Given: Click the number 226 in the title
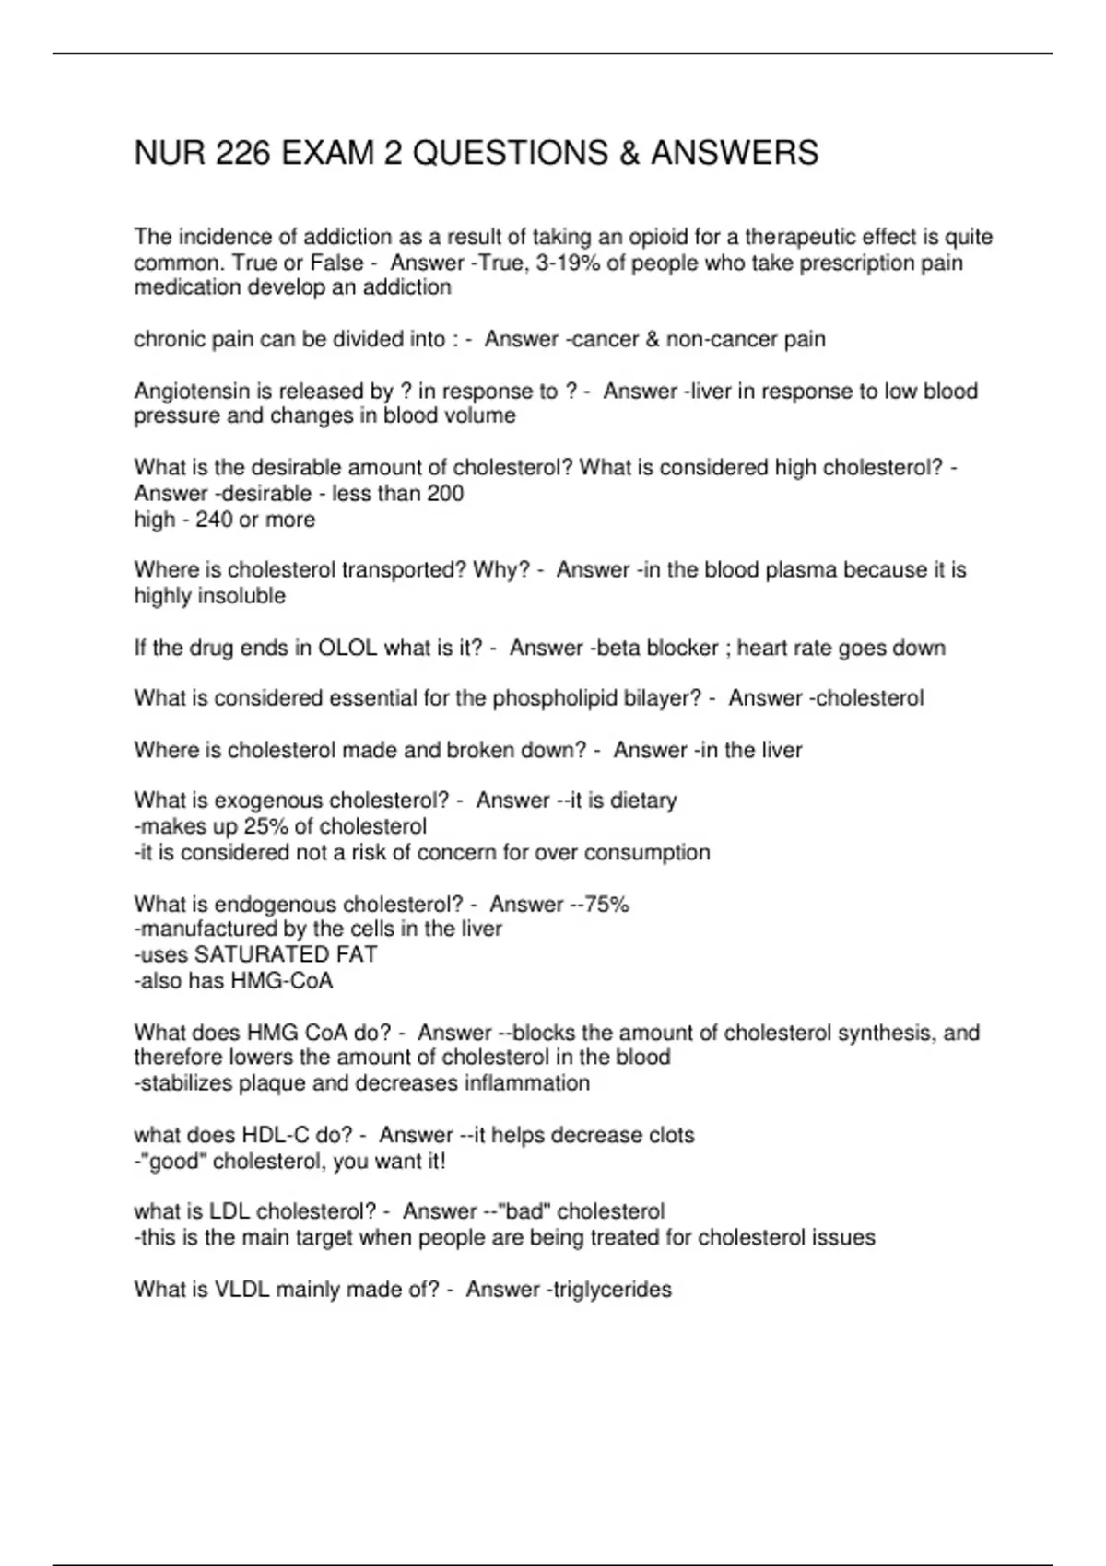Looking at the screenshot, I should pyautogui.click(x=242, y=153).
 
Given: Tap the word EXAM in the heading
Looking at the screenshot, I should pyautogui.click(x=327, y=153).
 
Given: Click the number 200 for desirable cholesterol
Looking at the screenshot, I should pyautogui.click(x=445, y=493).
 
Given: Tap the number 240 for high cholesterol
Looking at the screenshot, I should pyautogui.click(x=214, y=519).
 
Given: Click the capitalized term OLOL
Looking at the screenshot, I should pyautogui.click(x=347, y=648).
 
